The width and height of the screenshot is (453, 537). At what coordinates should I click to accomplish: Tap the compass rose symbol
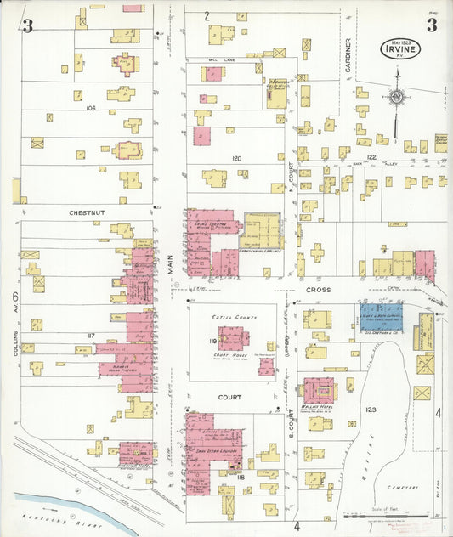pos(396,100)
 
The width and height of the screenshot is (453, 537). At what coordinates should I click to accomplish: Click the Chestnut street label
pos(87,212)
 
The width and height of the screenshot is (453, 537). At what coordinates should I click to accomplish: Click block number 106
pos(91,108)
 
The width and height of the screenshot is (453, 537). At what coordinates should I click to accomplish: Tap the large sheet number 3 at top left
pos(28,26)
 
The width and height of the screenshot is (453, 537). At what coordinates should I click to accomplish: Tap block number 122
pos(371,145)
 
